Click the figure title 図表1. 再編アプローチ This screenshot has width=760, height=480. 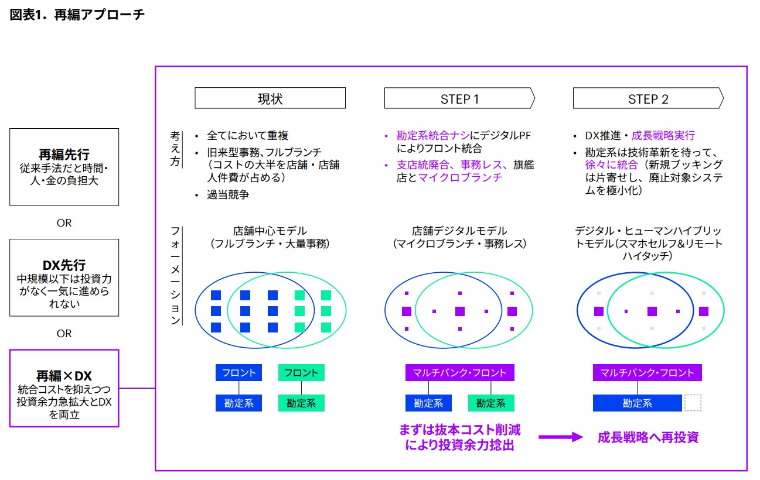pos(77,15)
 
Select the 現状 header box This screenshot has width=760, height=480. pos(270,98)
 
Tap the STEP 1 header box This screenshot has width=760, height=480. pos(459,98)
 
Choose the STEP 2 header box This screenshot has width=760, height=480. pos(648,98)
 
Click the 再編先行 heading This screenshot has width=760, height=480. pos(64,155)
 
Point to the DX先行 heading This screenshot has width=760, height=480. pos(64,265)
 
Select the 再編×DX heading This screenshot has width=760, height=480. pos(64,376)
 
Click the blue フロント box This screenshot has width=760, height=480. pos(238,373)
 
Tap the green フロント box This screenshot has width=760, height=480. pos(301,373)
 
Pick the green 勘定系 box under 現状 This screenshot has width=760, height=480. pos(301,403)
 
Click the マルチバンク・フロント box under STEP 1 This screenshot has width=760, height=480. pos(460,373)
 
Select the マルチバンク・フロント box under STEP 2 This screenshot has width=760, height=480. pos(647,373)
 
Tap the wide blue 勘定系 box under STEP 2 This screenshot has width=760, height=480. pos(638,403)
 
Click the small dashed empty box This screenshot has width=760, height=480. pos(693,403)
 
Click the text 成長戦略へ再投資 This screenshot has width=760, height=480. pos(648,437)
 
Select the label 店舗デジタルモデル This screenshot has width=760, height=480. pos(459,231)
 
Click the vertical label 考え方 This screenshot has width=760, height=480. pos(175,149)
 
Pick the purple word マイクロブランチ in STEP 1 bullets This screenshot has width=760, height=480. pos(460,178)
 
